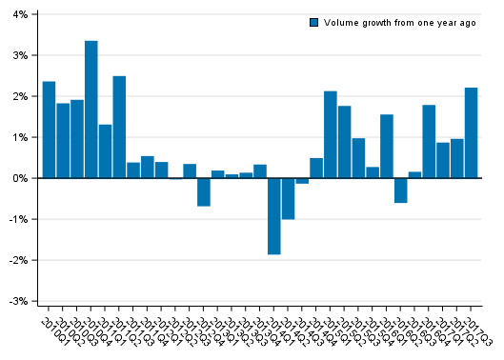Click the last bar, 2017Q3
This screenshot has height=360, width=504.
tap(472, 132)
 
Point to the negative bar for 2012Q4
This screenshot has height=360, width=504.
tap(204, 191)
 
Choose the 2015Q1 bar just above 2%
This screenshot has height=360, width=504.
tap(331, 134)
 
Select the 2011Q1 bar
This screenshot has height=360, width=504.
tap(106, 151)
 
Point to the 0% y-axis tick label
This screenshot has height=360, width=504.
tap(20, 178)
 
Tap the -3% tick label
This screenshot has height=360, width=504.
tap(18, 301)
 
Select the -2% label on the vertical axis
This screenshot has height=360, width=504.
tap(18, 260)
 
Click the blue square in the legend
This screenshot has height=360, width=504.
tap(314, 23)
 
